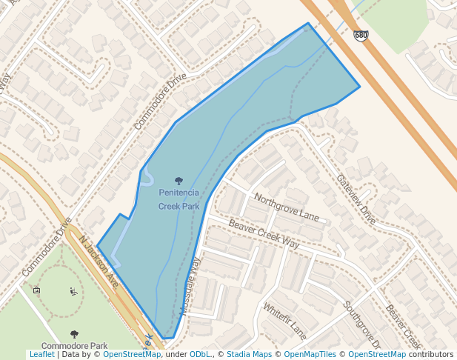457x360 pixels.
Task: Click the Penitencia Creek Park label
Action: (179, 199)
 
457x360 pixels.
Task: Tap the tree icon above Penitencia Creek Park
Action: (179, 181)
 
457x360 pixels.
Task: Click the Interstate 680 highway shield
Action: (361, 36)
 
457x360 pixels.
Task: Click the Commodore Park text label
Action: (74, 346)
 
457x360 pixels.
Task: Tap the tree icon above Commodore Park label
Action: (74, 335)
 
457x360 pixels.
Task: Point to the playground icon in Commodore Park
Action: (73, 291)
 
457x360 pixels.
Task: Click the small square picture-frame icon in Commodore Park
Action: (37, 290)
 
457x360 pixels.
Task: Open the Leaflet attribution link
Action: (41, 354)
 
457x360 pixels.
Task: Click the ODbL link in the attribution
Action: (200, 354)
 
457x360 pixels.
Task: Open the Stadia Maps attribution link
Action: (249, 354)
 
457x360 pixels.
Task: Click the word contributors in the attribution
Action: (431, 354)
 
